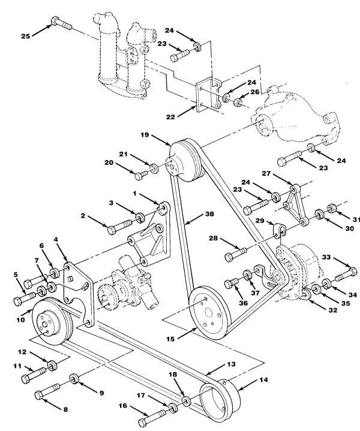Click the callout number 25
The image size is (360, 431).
tap(26, 36)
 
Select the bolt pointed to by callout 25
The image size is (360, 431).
tap(61, 23)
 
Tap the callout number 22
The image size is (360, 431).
tap(170, 117)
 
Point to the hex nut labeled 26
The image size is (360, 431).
tap(238, 103)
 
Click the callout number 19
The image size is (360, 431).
tap(145, 135)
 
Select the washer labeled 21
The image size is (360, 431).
tap(154, 168)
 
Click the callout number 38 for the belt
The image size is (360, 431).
tap(209, 214)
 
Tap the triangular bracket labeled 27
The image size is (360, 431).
tap(295, 204)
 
